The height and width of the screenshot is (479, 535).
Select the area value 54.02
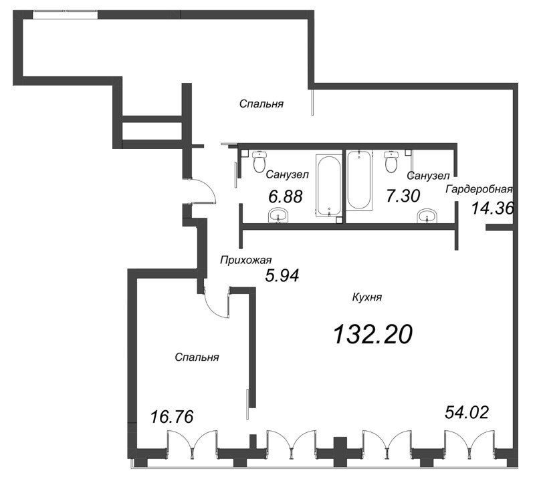click(466, 412)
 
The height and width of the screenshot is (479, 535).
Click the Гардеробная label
click(479, 188)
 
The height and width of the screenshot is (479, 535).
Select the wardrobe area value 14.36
click(492, 208)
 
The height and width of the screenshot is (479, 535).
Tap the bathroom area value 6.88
click(284, 196)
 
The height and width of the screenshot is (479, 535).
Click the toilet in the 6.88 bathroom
click(259, 161)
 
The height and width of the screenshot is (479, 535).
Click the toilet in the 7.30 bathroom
click(392, 161)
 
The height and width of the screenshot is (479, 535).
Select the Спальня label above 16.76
click(197, 357)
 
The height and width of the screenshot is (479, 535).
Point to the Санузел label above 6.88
click(286, 175)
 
